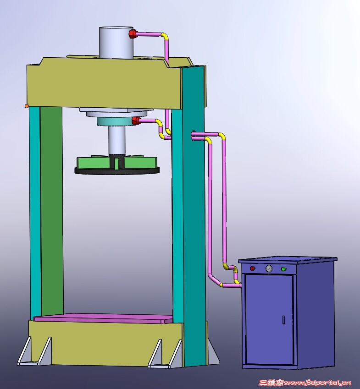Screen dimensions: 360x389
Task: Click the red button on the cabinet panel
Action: (x=252, y=268)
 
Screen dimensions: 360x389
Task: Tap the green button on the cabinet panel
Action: (x=283, y=268)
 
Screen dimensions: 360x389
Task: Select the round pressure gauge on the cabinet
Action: (x=269, y=268)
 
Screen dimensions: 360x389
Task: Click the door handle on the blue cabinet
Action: (x=283, y=319)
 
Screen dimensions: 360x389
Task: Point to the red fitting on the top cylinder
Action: (x=133, y=34)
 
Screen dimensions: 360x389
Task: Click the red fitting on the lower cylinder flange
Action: (x=136, y=121)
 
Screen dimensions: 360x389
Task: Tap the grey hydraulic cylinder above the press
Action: (x=116, y=43)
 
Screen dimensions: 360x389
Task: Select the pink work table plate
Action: (x=103, y=318)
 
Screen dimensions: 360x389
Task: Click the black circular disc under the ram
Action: (x=117, y=171)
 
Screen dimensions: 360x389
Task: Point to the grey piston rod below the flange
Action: (x=116, y=140)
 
